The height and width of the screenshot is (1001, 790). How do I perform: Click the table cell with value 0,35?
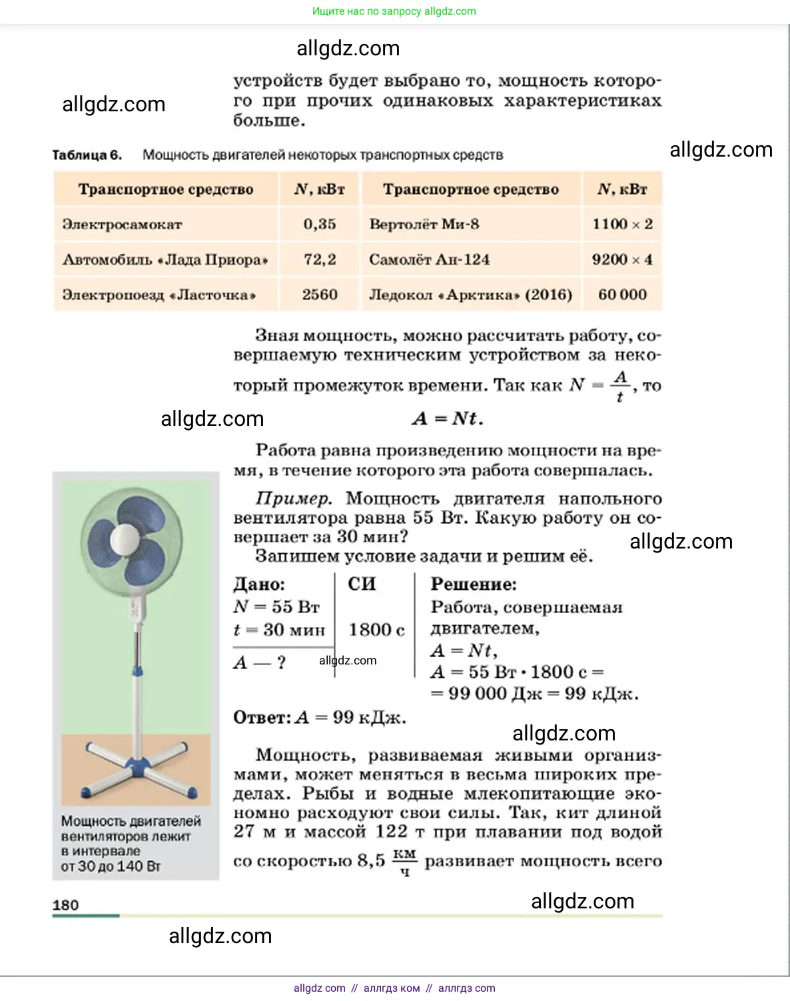320,224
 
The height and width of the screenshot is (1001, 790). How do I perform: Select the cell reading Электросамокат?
122,224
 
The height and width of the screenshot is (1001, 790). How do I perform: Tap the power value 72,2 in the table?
320,259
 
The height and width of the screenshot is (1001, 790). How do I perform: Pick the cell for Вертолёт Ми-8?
424,224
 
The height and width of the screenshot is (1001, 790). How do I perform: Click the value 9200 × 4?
622,259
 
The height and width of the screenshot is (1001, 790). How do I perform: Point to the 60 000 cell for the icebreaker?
622,295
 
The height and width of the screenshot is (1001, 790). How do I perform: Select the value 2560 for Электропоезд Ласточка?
320,295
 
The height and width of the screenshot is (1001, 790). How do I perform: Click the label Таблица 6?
87,155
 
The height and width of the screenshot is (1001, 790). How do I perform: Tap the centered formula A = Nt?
447,419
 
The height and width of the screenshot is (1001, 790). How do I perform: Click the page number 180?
65,905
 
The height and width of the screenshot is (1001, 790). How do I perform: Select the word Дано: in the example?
259,584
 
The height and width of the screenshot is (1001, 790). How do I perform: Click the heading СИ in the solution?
362,584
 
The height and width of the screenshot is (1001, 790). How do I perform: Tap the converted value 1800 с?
376,630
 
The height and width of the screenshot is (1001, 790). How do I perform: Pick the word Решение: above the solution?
474,584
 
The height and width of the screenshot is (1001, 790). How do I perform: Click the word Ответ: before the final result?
262,718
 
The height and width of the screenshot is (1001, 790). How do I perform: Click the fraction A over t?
620,386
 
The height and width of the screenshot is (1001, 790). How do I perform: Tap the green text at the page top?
394,11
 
